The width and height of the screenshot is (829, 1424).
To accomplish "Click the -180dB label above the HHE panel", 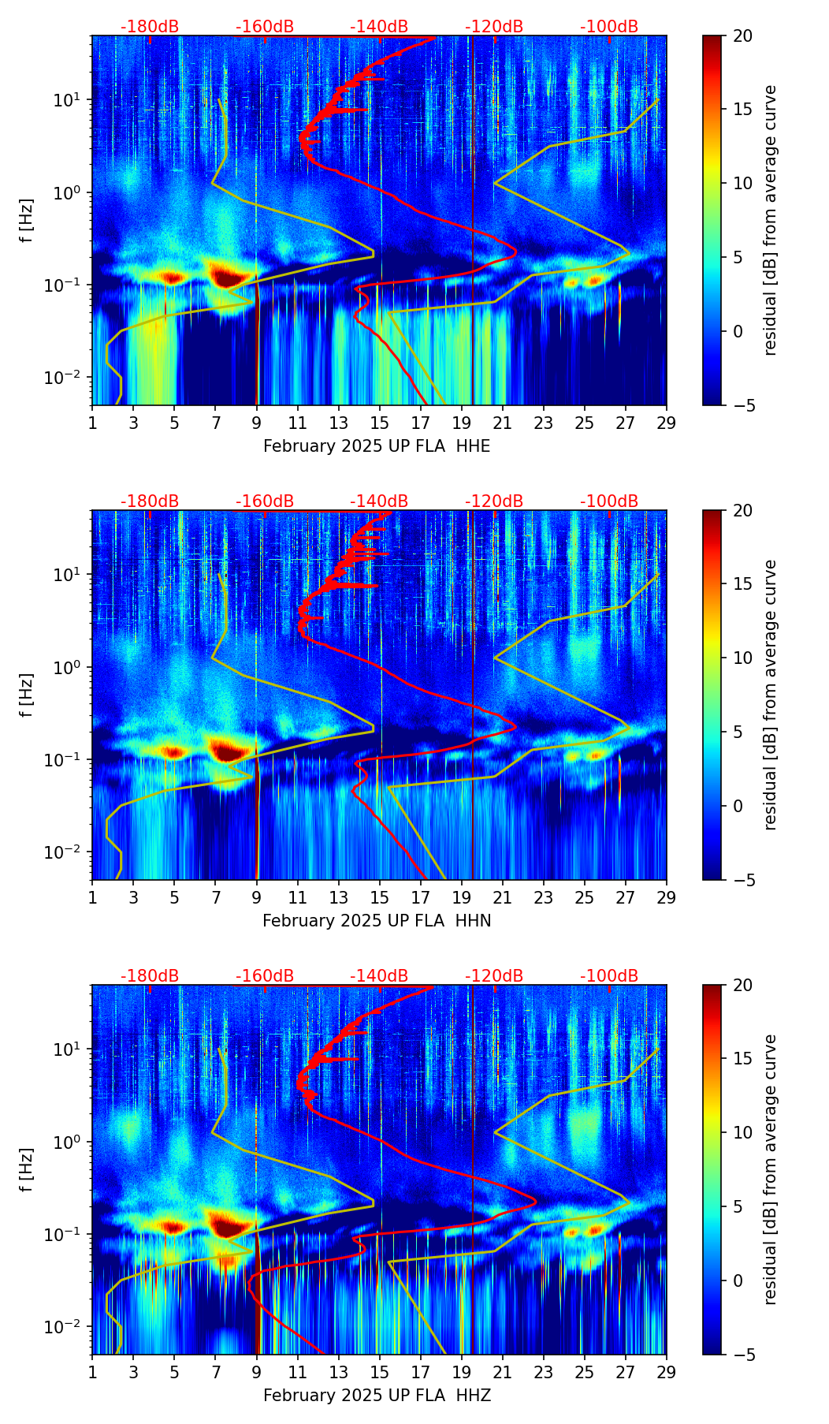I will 150,27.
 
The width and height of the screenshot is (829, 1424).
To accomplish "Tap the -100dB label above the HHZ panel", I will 609,976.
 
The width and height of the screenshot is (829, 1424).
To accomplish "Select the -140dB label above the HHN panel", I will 379,501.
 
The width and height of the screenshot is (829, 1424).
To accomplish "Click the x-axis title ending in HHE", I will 377,446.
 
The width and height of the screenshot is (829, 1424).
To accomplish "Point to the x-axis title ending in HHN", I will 377,921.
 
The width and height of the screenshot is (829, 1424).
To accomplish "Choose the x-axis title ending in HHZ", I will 377,1396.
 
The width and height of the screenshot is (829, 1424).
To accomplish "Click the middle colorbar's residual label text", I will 771,695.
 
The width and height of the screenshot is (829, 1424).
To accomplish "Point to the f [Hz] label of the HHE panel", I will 28,220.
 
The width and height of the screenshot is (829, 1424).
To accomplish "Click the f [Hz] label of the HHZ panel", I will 28,1169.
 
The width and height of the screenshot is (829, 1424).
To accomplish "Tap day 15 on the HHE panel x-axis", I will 380,422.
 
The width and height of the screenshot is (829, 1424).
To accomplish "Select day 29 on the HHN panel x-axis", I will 667,897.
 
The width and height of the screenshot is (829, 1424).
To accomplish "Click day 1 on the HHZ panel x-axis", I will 92,1371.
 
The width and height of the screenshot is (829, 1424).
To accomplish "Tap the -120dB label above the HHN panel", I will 494,501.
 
